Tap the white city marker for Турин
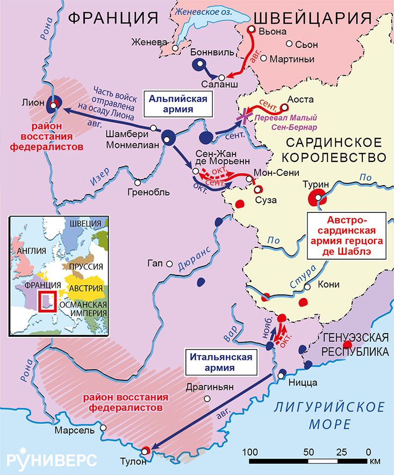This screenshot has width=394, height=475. point(320,198)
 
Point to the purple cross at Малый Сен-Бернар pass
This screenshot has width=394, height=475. point(246,117)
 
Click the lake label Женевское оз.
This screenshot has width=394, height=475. point(204,6)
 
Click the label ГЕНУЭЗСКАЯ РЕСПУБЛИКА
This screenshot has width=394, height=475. point(355,344)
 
